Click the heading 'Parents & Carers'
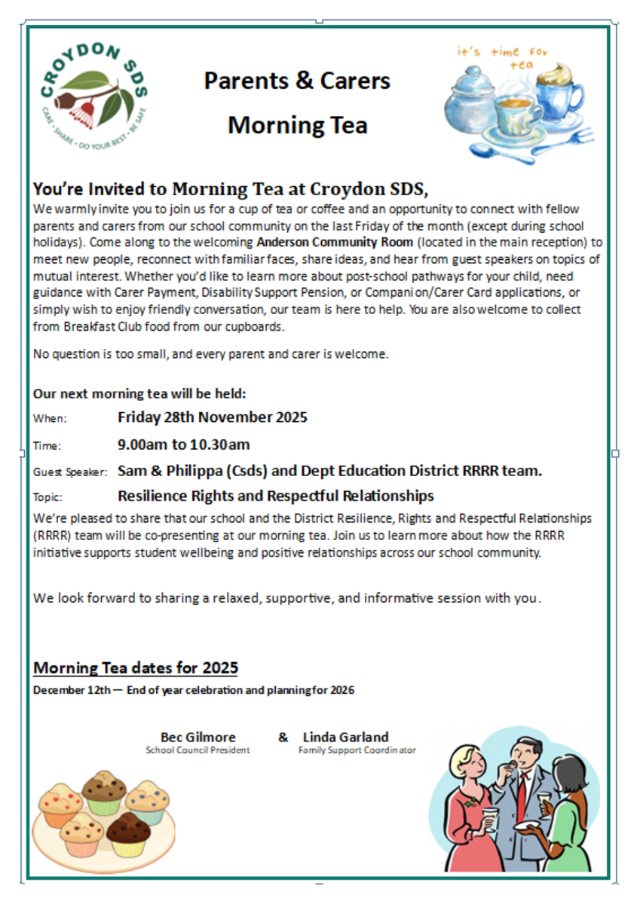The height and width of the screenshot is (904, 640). coord(297,81)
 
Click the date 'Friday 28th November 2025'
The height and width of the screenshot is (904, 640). coord(213,417)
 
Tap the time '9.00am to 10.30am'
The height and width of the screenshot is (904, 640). coord(184,444)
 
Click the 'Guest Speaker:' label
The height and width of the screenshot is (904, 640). coord(70,472)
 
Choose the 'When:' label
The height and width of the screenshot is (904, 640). coord(50,419)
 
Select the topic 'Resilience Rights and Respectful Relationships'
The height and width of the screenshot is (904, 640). coord(276,496)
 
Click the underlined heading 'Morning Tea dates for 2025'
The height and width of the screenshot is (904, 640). coord(136,667)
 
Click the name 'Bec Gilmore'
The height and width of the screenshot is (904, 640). coord(198,737)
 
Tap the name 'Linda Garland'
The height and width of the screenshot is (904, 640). coord(345,737)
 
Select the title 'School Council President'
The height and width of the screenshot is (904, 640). coord(198,750)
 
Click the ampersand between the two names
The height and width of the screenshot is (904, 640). coord(283,737)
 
